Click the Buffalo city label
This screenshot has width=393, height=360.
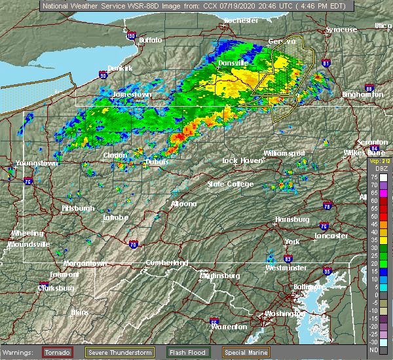[150, 41]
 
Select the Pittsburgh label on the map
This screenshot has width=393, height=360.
[77, 208]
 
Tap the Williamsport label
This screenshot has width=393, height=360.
[284, 153]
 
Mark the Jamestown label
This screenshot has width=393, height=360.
[132, 95]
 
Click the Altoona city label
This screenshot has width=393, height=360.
[183, 204]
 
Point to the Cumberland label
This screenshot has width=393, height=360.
[166, 262]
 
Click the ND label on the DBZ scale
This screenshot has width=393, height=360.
[375, 348]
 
